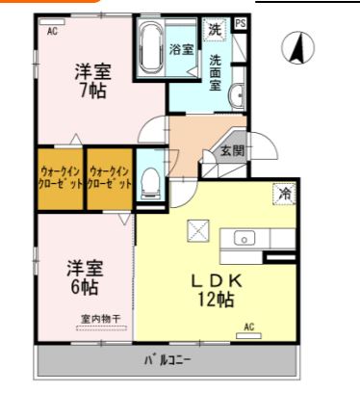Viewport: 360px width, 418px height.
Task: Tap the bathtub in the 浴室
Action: pyautogui.click(x=150, y=48)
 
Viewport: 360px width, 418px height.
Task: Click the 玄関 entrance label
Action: pyautogui.click(x=231, y=150)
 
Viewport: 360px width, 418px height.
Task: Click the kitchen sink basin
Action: pyautogui.click(x=243, y=238)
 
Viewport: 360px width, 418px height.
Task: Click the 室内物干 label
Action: pyautogui.click(x=99, y=319)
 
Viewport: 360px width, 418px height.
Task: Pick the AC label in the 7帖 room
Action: pyautogui.click(x=52, y=31)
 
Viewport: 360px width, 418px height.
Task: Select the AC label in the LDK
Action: pyautogui.click(x=248, y=327)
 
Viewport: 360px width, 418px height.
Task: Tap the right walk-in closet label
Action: pyautogui.click(x=109, y=177)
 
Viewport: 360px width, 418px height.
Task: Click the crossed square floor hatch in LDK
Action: pyautogui.click(x=197, y=230)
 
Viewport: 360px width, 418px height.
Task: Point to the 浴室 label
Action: pyautogui.click(x=181, y=48)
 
